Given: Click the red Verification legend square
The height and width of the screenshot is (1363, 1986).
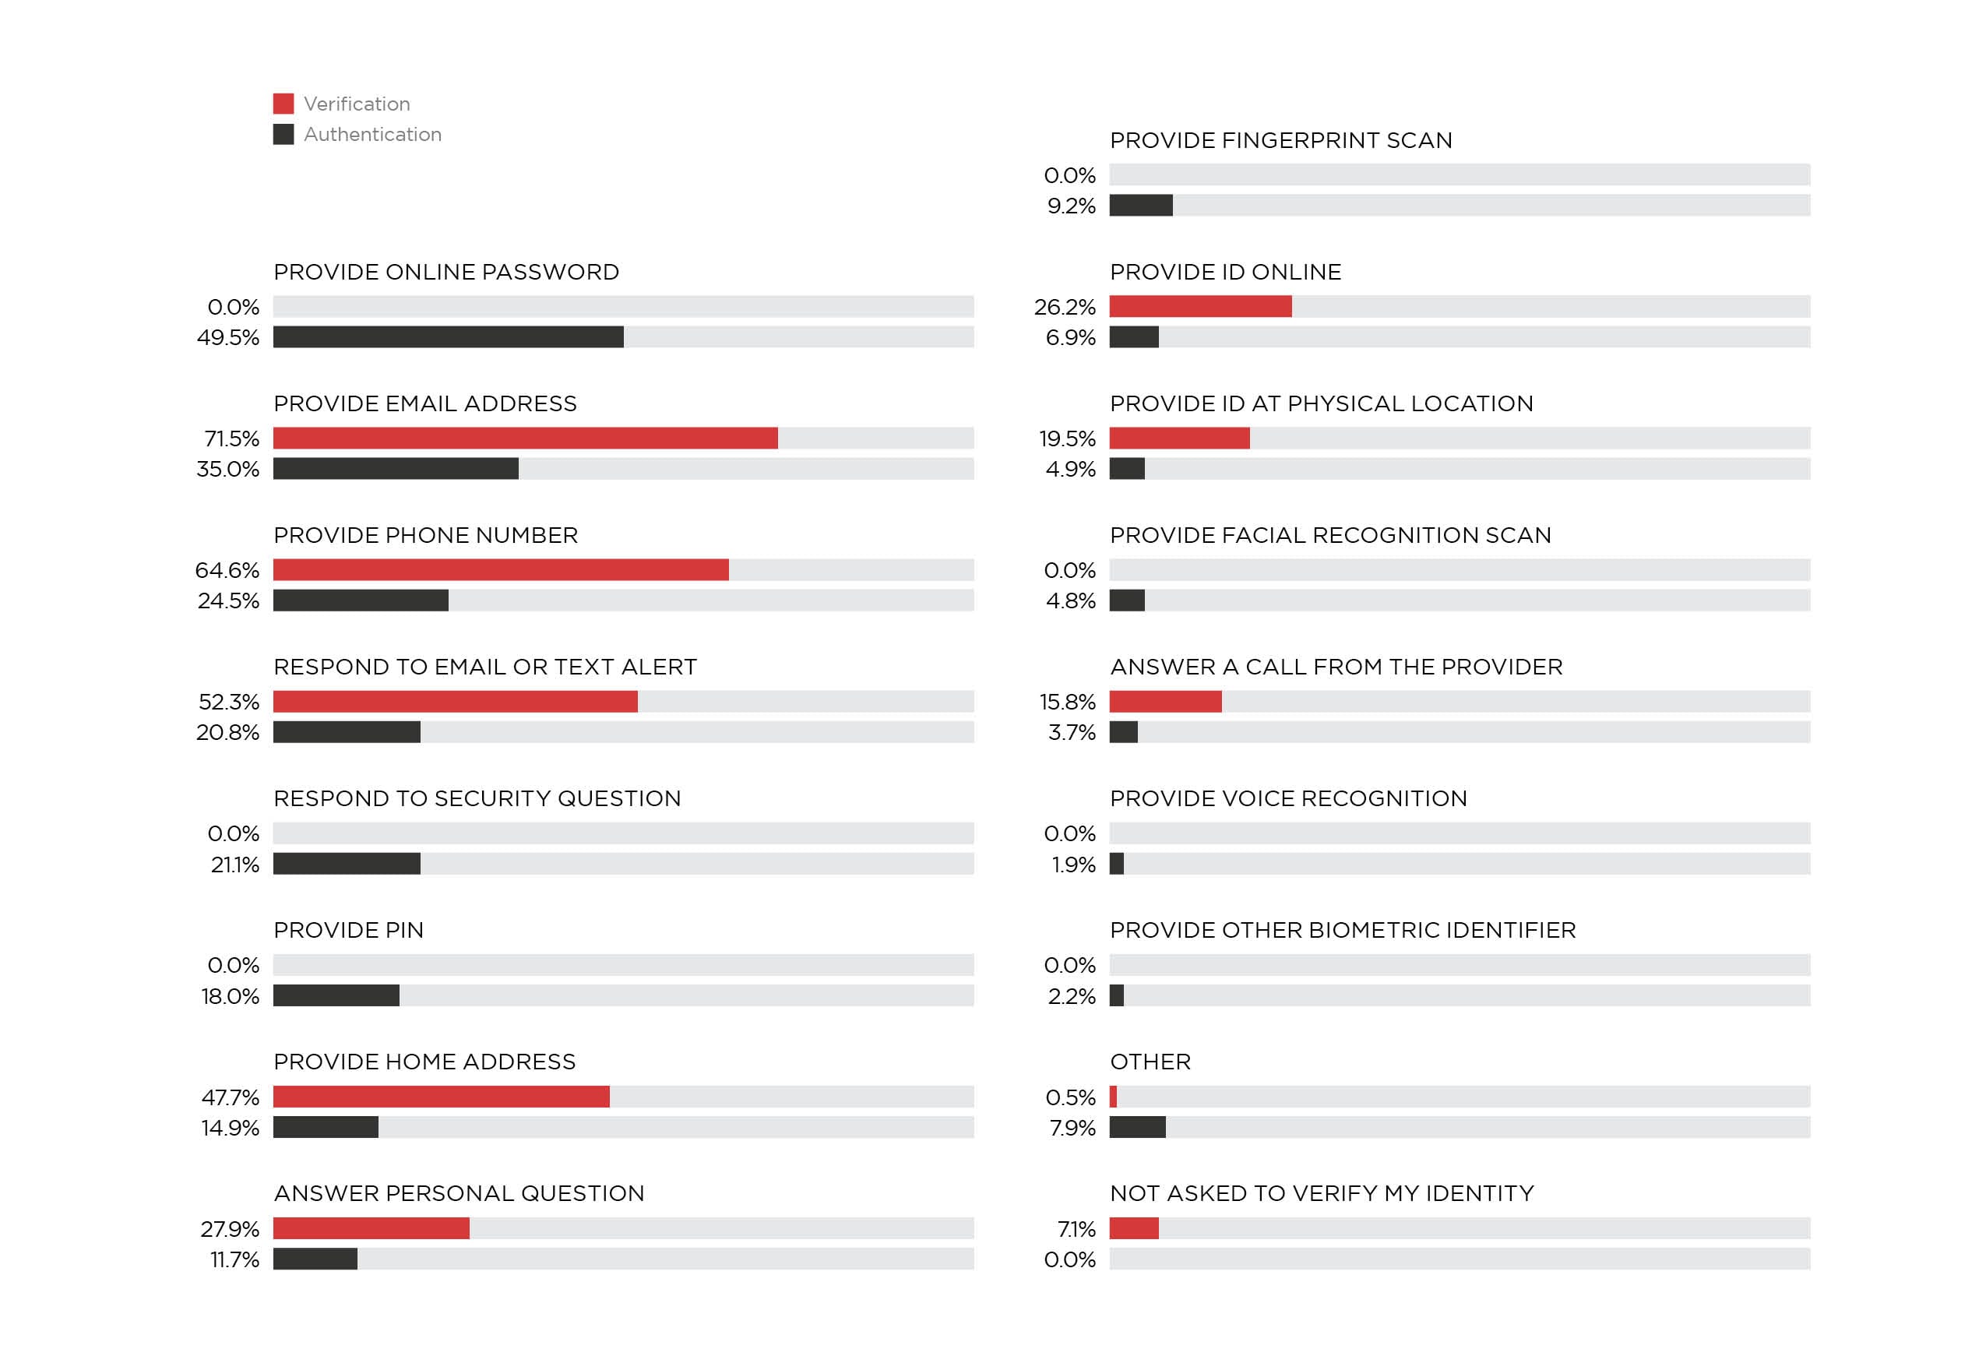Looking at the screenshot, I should (x=283, y=104).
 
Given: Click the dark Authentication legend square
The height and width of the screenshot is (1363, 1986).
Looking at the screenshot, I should (x=283, y=134).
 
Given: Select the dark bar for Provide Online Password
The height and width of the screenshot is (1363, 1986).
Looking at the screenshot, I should (x=448, y=336).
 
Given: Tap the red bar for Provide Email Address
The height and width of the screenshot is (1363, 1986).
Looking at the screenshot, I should (x=525, y=438).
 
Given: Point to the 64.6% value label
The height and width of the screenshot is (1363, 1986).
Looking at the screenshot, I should (x=227, y=570).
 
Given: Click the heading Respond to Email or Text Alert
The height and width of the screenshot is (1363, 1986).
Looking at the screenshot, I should (x=484, y=667).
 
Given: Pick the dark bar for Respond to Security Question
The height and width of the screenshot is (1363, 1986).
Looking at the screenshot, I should (x=346, y=864).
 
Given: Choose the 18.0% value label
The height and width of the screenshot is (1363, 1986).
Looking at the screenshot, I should (x=230, y=996).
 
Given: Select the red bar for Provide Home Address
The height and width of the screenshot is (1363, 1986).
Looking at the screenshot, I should (x=441, y=1097).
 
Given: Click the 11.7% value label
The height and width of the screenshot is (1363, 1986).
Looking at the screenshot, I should (x=234, y=1259).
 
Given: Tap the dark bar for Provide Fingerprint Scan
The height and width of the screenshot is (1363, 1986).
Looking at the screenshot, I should (x=1141, y=205).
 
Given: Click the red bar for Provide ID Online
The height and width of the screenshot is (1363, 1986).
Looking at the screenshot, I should (x=1200, y=307).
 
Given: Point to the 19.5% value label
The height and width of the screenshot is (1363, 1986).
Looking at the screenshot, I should (x=1066, y=438).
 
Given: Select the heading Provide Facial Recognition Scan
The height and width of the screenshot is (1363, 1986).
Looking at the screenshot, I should (x=1329, y=535).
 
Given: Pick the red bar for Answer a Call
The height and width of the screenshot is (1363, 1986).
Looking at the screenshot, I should (x=1165, y=702).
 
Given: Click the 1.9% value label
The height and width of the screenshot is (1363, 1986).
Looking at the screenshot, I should (x=1073, y=865).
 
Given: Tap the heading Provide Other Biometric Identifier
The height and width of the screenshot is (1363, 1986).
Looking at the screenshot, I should (x=1343, y=930).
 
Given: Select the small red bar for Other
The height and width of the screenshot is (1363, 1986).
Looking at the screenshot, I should (x=1113, y=1097).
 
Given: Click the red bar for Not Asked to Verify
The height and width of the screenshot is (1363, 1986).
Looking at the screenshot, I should (x=1133, y=1228).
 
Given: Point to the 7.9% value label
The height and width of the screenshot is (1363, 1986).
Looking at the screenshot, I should (x=1072, y=1128).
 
